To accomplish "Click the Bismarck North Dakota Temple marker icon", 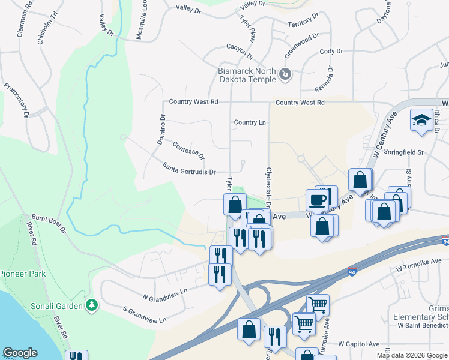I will (285, 75).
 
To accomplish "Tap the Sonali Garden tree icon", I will (92, 305).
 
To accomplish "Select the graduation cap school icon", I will (421, 120).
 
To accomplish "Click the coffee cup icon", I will (317, 199).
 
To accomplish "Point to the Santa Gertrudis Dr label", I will (189, 167).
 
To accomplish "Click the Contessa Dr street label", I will (188, 150).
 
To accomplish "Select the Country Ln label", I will (250, 122).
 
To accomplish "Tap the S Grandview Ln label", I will (144, 315).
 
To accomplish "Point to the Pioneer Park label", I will (23, 274).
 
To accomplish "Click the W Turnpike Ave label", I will (418, 265).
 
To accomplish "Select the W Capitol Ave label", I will (359, 344).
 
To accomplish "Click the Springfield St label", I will (404, 152).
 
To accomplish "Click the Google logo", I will (20, 353).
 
